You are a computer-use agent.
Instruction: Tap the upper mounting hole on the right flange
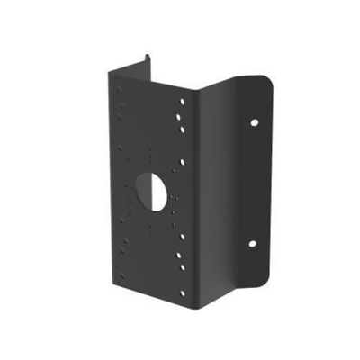(255, 121)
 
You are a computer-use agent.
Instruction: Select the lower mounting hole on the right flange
(253, 243)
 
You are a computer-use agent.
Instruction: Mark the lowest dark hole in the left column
(123, 262)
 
